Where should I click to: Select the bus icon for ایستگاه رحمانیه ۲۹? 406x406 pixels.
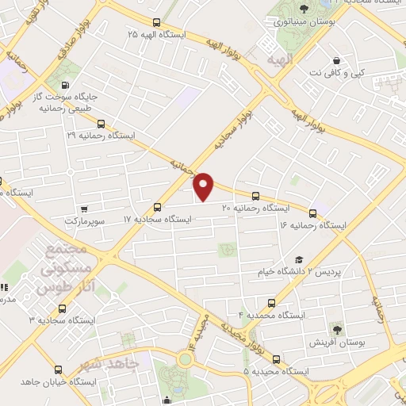101,123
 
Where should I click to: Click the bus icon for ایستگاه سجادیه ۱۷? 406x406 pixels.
157,207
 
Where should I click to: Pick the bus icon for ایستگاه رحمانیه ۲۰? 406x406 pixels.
255,196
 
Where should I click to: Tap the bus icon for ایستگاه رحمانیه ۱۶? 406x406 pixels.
312,213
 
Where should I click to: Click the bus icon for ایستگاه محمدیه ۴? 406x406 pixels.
273,303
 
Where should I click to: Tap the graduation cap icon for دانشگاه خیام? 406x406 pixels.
299,259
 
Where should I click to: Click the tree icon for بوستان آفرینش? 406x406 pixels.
338,329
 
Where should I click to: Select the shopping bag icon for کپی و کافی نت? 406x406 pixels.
338,60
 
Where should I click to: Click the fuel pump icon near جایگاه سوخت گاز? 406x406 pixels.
64,86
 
